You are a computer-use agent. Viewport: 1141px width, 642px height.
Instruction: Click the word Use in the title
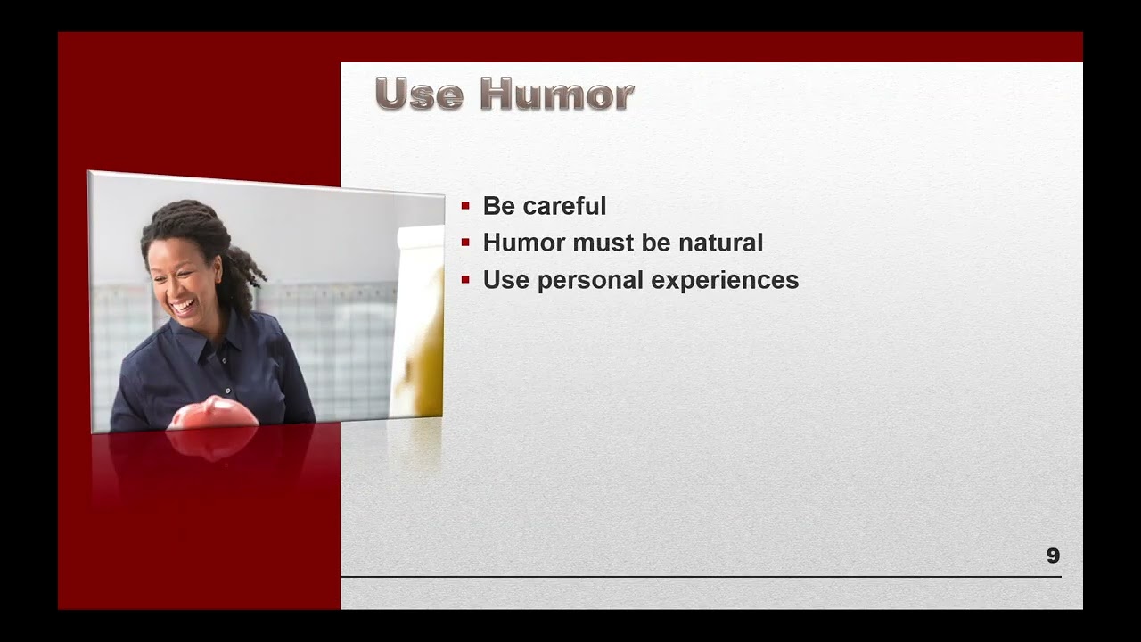pos(419,94)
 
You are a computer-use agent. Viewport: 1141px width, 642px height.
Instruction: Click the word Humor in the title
pos(557,94)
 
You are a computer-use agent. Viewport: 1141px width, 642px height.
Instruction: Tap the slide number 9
pos(1053,556)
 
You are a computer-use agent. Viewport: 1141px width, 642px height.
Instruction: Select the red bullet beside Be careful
pos(465,206)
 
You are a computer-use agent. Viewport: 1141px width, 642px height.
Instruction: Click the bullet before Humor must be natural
pos(465,243)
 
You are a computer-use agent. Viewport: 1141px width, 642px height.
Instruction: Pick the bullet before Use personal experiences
pos(465,279)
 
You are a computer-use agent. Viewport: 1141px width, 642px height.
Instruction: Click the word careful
pos(564,206)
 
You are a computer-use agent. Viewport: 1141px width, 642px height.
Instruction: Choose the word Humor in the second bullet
pos(524,243)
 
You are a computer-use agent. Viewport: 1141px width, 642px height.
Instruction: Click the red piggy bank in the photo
pos(213,413)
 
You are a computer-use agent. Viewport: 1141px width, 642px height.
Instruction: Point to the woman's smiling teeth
pos(184,306)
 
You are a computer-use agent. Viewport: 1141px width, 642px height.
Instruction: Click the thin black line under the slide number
pos(701,577)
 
